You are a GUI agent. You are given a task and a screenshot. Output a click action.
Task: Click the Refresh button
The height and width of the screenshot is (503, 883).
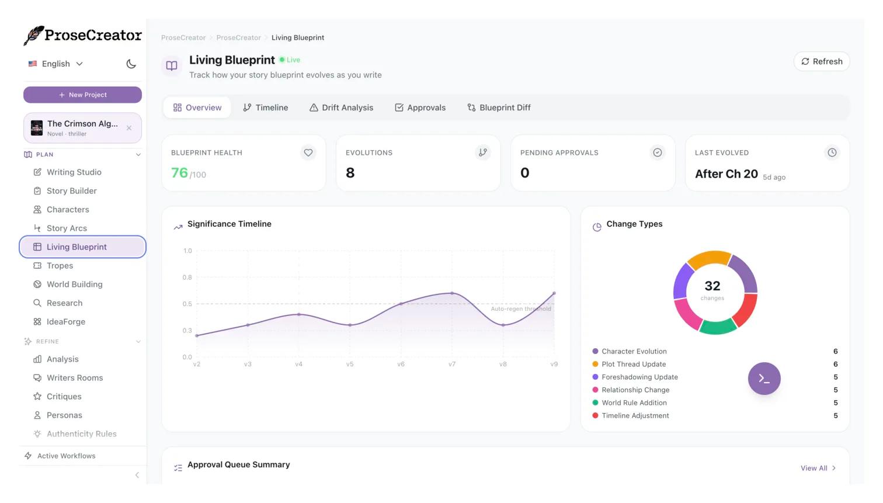(x=821, y=61)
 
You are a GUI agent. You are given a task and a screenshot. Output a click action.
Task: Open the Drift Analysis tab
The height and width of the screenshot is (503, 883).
(x=341, y=107)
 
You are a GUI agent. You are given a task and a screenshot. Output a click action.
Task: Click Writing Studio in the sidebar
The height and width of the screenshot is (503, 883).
(x=74, y=172)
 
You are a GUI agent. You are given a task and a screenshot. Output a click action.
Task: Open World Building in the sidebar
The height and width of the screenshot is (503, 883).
(x=74, y=285)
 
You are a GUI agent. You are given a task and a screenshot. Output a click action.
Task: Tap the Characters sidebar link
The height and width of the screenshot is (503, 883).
(x=68, y=210)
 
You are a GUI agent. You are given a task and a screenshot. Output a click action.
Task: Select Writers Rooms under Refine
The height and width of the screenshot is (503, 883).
(x=75, y=378)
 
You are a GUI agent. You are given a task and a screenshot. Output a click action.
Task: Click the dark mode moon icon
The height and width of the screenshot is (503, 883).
(x=131, y=64)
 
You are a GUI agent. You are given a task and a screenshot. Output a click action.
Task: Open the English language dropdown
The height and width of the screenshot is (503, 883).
(x=56, y=64)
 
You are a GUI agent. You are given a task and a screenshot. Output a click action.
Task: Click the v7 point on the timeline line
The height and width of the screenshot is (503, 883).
(x=452, y=293)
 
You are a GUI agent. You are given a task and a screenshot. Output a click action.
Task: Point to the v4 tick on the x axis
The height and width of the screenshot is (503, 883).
(x=299, y=365)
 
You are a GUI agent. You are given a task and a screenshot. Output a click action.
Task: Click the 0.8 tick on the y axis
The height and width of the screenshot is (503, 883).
(x=187, y=277)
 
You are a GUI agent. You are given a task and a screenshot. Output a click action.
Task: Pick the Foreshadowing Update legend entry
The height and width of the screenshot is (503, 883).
(x=639, y=377)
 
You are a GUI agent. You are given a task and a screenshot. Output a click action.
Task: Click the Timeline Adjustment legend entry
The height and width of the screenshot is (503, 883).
(x=635, y=416)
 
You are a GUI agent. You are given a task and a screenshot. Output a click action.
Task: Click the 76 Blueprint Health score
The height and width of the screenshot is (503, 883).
(x=179, y=173)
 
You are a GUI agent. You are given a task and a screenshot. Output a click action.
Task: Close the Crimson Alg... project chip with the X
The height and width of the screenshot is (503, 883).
(x=129, y=128)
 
